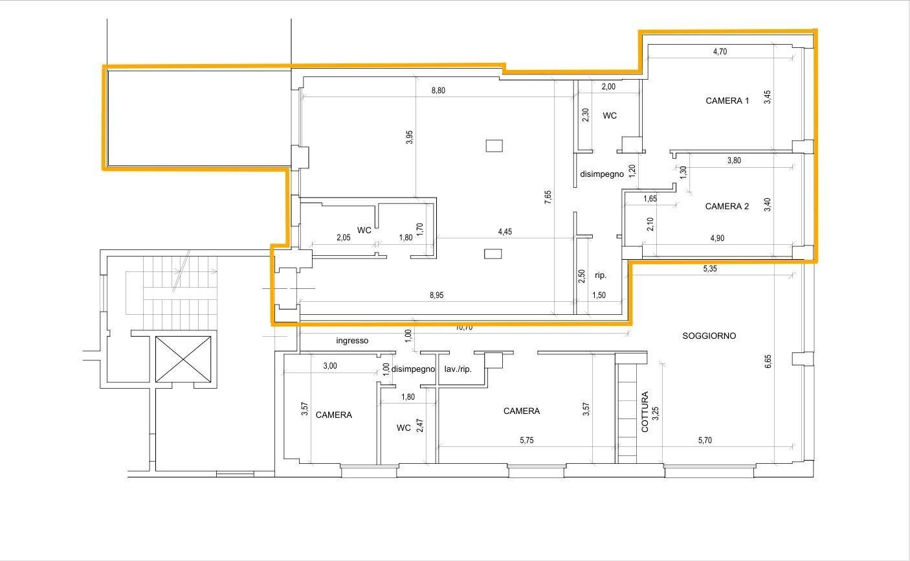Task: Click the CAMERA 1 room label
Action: tap(727, 101)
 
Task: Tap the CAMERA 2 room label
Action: tap(727, 207)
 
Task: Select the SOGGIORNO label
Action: tap(709, 336)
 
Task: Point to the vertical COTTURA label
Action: tap(645, 411)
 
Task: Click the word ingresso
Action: tap(352, 341)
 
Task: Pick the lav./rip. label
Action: tap(458, 369)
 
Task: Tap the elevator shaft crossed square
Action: tap(183, 359)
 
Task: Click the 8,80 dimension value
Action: tap(438, 90)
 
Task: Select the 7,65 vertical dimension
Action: tap(548, 197)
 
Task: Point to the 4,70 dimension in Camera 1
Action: tap(720, 52)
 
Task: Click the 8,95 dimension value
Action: tap(437, 295)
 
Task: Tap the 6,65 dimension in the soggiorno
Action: tap(768, 361)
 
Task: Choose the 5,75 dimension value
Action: tap(526, 441)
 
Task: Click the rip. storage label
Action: tap(601, 275)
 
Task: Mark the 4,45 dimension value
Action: tap(505, 232)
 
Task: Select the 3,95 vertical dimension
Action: tap(410, 137)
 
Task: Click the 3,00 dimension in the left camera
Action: tap(330, 366)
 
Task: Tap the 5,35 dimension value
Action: tap(710, 269)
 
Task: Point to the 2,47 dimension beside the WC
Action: tap(419, 426)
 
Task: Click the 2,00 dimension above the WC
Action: tap(608, 87)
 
